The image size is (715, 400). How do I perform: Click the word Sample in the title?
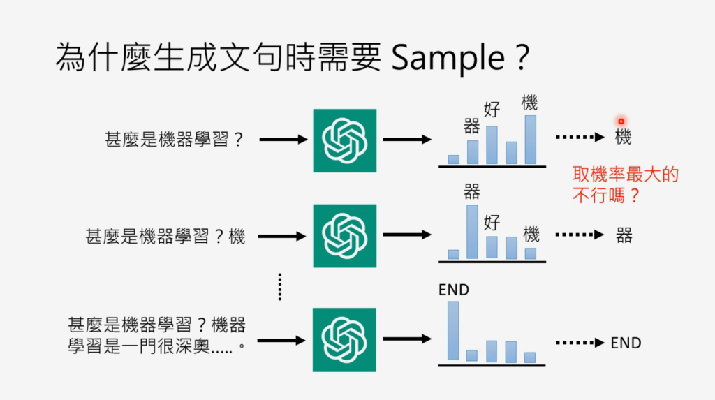tap(448, 59)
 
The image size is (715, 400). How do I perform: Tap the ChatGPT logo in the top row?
tap(344, 140)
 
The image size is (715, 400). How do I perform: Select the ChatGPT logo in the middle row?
tap(344, 236)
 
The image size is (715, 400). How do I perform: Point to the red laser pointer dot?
tap(621, 121)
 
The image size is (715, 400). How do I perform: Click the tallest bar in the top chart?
tap(530, 140)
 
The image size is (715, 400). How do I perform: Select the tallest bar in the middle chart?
tap(472, 232)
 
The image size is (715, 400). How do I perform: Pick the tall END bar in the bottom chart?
tap(453, 331)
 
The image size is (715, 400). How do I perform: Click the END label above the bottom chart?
tap(454, 289)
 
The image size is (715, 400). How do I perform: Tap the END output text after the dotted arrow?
tap(626, 343)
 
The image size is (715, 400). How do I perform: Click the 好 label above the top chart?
tap(492, 110)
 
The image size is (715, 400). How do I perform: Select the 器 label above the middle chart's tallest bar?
tap(472, 191)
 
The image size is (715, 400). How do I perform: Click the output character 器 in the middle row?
tap(624, 235)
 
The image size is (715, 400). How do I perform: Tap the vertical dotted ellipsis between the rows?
tap(279, 286)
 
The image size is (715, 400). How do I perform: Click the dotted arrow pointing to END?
tap(580, 343)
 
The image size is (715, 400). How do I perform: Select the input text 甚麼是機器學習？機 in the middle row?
tap(165, 237)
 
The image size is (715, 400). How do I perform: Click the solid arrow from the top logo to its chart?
tap(407, 140)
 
